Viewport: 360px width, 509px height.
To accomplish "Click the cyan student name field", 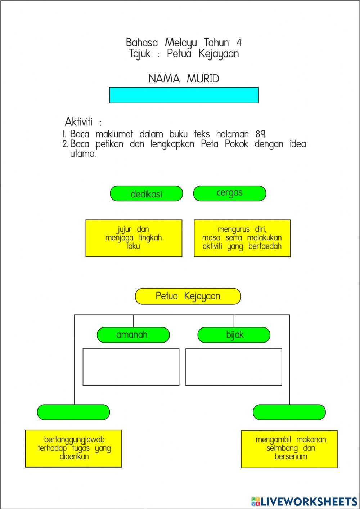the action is pyautogui.click(x=184, y=95).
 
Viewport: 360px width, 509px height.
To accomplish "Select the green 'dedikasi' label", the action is pyautogui.click(x=146, y=194).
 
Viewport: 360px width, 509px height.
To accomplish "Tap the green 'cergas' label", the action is pyautogui.click(x=229, y=193).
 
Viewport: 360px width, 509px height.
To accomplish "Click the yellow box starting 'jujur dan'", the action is pyautogui.click(x=134, y=238).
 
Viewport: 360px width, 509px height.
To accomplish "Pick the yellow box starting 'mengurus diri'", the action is pyautogui.click(x=242, y=238).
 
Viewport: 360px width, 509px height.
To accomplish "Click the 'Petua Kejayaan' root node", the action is pyautogui.click(x=188, y=296).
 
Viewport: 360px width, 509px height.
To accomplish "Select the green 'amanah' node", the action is pyautogui.click(x=133, y=335).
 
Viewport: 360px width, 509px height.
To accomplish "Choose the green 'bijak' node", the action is pyautogui.click(x=234, y=335).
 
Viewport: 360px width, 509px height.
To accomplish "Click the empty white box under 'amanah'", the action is pyautogui.click(x=131, y=367).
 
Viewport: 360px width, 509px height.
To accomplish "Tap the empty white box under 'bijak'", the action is pyautogui.click(x=233, y=367).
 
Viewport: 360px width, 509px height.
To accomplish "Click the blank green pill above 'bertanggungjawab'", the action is pyautogui.click(x=73, y=412).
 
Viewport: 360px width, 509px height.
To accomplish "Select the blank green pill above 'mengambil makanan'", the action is pyautogui.click(x=289, y=412).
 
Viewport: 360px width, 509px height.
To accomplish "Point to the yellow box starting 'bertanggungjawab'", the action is pyautogui.click(x=73, y=448).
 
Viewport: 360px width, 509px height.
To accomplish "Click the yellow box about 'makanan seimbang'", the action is pyautogui.click(x=289, y=449).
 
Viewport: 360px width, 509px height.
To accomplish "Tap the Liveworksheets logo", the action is pyautogui.click(x=304, y=501).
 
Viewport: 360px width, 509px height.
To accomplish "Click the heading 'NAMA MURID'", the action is pyautogui.click(x=184, y=79).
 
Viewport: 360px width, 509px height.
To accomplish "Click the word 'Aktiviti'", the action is pyautogui.click(x=79, y=121).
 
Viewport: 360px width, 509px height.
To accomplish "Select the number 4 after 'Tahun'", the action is pyautogui.click(x=239, y=43).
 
